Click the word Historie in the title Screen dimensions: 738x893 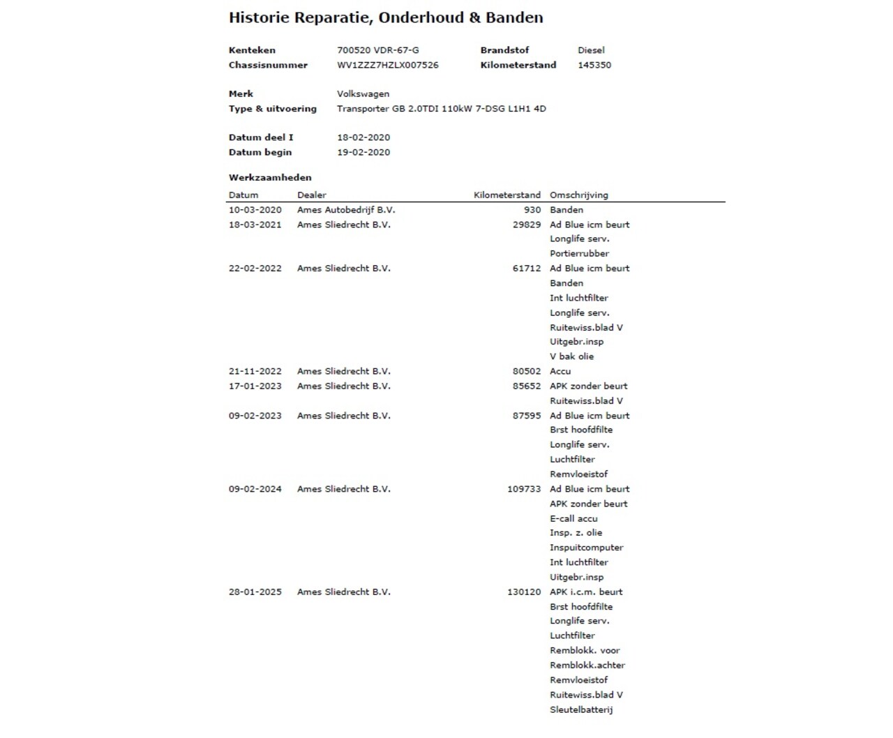click(259, 18)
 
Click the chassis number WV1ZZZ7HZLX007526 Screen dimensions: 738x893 click(388, 65)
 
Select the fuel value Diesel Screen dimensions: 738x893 click(591, 50)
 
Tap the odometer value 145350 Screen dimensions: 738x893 click(594, 65)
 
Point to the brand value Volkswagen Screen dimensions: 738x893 click(363, 94)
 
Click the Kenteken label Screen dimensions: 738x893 click(252, 50)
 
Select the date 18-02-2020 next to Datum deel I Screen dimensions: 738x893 click(363, 137)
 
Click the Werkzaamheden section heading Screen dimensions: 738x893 click(270, 177)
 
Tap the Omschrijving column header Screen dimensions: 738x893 click(579, 195)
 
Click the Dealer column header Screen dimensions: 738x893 click(312, 195)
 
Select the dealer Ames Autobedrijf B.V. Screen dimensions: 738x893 click(346, 210)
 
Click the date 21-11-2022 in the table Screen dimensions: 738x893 click(255, 372)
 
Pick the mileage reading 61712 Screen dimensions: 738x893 click(527, 269)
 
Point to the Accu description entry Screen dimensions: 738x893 click(560, 372)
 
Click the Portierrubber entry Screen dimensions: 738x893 click(579, 254)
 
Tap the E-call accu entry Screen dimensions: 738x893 click(573, 519)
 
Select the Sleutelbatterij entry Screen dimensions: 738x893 click(581, 710)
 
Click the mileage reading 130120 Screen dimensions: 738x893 click(524, 592)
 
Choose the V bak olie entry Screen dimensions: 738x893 click(572, 356)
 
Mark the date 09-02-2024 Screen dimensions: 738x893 click(255, 490)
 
